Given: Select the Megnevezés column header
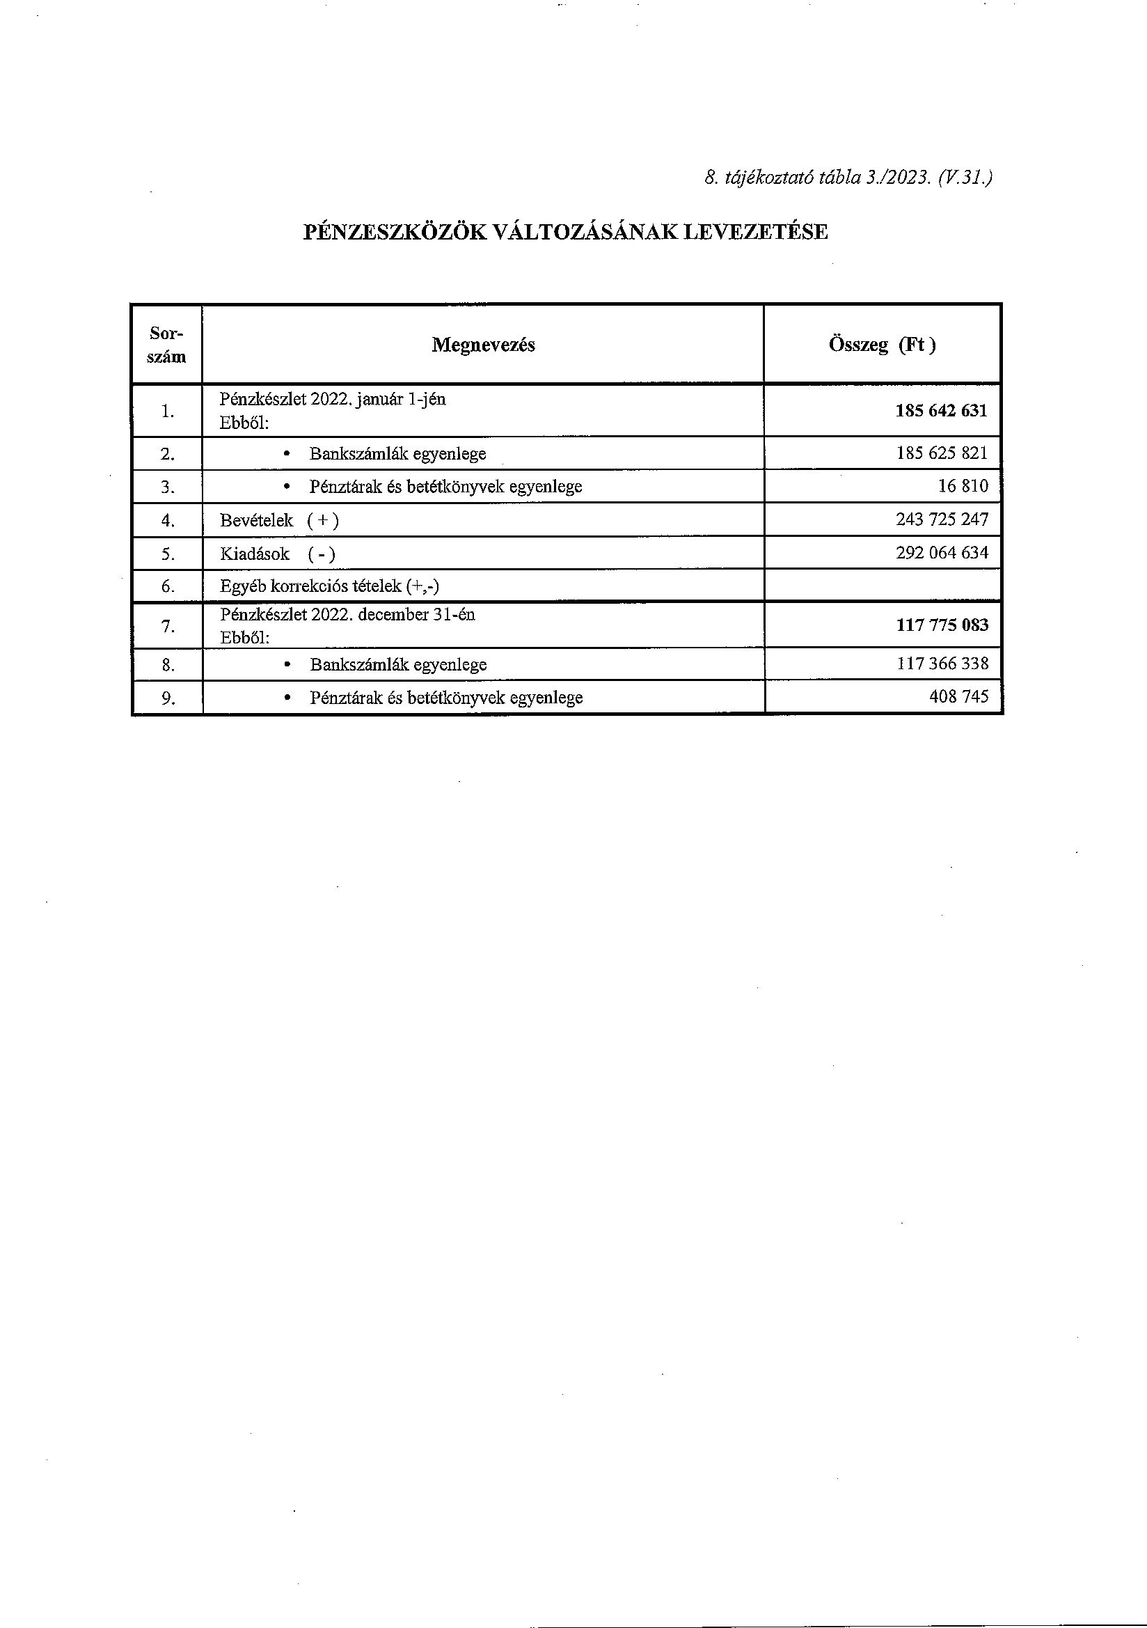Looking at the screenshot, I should (483, 345).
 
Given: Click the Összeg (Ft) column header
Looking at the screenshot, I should (882, 345).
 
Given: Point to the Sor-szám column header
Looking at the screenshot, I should (166, 345).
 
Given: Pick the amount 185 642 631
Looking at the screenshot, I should (941, 412).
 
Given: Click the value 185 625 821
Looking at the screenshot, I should (942, 453).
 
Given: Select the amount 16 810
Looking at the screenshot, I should (963, 487).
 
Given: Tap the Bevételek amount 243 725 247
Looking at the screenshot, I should (942, 519).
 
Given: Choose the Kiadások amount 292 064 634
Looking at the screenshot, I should (942, 553).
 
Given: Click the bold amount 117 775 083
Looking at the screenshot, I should (942, 625).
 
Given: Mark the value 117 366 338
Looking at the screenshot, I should (942, 664).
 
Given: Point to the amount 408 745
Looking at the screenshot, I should (958, 697).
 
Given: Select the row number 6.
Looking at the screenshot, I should (167, 586).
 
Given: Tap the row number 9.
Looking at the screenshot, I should (167, 698).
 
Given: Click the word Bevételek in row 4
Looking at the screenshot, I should (256, 520).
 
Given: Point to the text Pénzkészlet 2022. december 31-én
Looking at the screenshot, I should (347, 615).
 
